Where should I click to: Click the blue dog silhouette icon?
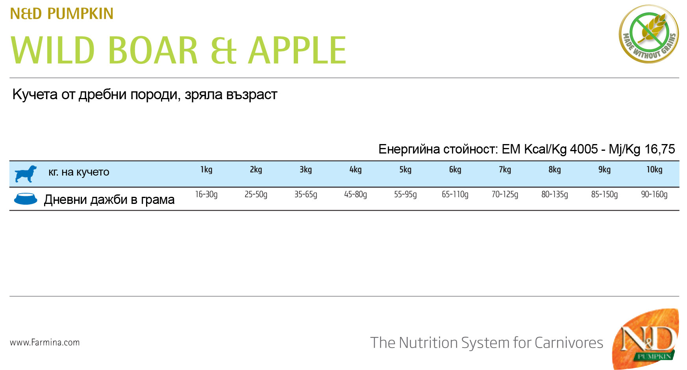pos(26,174)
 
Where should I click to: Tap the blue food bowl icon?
pos(26,199)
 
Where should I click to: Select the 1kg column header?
pos(206,170)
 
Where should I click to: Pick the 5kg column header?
pos(405,170)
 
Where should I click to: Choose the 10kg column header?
pos(654,170)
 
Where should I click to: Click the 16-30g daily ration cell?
pos(206,194)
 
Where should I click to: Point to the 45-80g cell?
pos(356,194)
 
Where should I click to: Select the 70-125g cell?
pos(505,194)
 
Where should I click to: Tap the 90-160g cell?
pos(654,194)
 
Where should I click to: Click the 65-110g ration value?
pos(455,194)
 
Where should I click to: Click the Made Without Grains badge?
pos(649,34)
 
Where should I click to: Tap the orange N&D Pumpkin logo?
pos(646,339)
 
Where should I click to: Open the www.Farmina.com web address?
pos(45,342)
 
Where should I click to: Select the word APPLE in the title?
pos(297,50)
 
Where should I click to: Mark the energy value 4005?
pos(584,149)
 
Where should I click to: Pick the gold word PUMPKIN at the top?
pos(80,14)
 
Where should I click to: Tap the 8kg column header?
pos(555,170)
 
